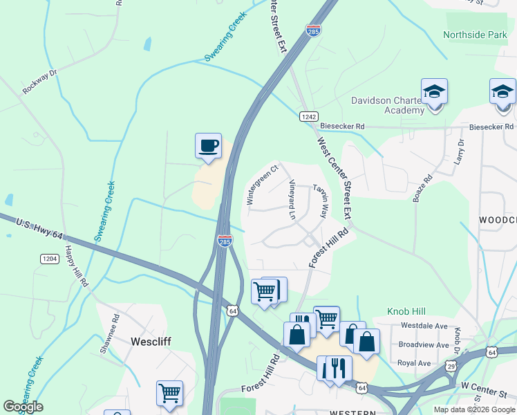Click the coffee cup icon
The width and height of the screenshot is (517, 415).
click(x=208, y=146)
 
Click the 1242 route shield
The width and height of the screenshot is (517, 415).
click(x=308, y=117)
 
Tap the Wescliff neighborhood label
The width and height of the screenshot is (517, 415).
click(x=151, y=341)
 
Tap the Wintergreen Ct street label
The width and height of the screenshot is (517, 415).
click(x=262, y=185)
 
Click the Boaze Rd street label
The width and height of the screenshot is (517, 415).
click(x=422, y=188)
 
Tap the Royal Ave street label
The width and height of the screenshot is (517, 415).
click(x=415, y=363)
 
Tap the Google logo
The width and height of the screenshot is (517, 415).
click(x=23, y=407)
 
